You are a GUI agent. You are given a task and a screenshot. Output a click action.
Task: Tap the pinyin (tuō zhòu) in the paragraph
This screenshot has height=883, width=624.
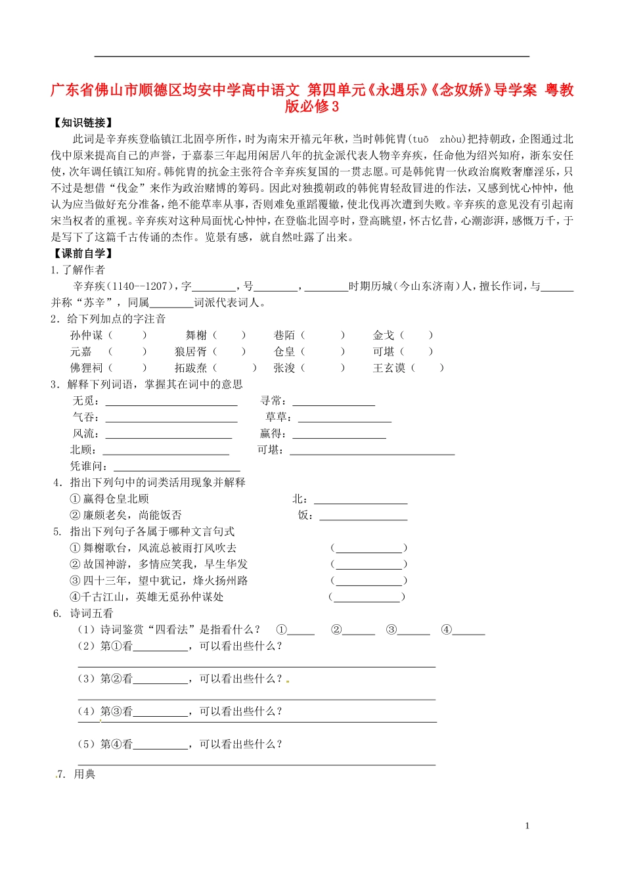438,139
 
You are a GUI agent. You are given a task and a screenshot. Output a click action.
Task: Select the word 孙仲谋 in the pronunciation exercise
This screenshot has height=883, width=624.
87,336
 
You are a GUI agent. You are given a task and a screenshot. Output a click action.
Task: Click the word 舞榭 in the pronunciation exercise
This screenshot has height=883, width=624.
196,336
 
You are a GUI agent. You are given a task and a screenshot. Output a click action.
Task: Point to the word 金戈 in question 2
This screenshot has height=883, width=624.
384,336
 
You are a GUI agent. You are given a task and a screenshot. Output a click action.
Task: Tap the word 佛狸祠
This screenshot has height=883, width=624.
87,369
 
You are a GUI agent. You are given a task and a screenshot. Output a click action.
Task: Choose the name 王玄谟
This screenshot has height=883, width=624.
389,369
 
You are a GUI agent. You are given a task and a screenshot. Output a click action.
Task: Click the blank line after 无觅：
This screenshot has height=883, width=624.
171,401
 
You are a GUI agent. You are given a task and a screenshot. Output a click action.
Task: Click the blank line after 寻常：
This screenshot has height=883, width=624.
334,401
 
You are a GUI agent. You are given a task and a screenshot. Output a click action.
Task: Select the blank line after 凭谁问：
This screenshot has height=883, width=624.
177,466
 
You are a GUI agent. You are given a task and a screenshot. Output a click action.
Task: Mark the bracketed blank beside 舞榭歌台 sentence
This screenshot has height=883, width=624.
368,549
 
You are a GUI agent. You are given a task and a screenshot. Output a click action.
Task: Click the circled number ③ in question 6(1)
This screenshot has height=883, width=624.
391,630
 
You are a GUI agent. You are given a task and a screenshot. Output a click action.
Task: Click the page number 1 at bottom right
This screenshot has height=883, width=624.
527,826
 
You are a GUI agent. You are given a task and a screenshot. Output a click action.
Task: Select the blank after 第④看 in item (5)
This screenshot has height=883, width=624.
160,745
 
